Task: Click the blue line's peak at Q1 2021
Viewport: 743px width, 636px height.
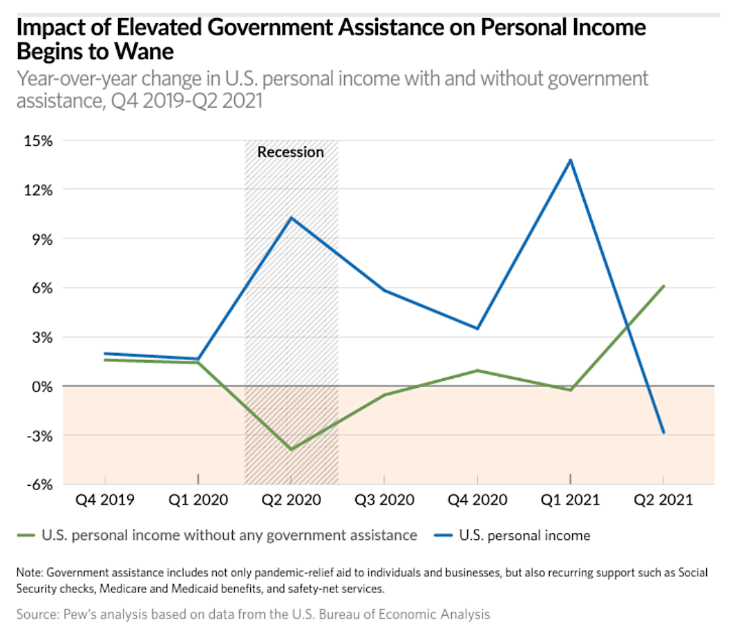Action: click(571, 160)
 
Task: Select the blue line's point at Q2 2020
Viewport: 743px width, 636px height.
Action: click(291, 218)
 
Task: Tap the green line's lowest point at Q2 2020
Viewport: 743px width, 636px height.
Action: click(291, 449)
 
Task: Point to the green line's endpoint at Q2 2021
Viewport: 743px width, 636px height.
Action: click(664, 286)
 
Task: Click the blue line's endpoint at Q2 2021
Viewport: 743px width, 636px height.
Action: click(664, 432)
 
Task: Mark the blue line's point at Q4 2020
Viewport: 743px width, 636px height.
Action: click(477, 328)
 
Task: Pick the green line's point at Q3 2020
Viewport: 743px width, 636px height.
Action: click(384, 395)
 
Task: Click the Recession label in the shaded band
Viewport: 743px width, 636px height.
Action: click(291, 152)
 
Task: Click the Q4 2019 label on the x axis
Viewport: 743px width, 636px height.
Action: click(105, 500)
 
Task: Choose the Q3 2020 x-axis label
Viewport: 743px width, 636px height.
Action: click(384, 500)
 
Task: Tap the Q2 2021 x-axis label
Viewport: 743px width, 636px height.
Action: click(664, 500)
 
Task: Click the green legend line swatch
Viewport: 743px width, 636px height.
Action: click(25, 536)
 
